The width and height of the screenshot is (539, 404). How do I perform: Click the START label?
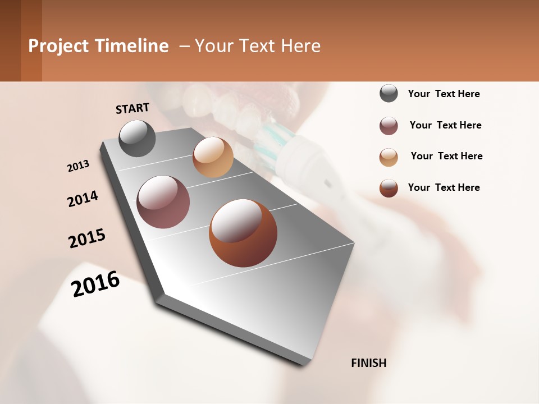133,108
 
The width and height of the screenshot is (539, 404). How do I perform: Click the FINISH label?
368,363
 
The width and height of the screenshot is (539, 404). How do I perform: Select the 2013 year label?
78,166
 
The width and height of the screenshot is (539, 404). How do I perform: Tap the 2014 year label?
83,199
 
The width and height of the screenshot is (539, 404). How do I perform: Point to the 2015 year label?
87,238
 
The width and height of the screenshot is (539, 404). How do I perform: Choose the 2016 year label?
95,283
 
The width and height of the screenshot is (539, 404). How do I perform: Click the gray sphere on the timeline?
138,139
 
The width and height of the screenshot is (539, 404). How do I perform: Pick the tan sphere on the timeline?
213,157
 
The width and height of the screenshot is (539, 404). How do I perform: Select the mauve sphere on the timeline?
163,202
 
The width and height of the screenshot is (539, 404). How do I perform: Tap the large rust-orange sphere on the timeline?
243,233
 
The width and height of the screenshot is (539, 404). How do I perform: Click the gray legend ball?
389,94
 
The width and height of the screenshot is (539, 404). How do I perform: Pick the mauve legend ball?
389,126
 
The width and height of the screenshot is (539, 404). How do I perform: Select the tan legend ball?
389,157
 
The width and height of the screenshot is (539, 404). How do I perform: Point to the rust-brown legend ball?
389,188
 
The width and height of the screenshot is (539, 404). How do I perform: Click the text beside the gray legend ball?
444,94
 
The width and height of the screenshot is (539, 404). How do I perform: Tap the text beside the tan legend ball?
446,156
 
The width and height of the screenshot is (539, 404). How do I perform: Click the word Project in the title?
58,46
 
